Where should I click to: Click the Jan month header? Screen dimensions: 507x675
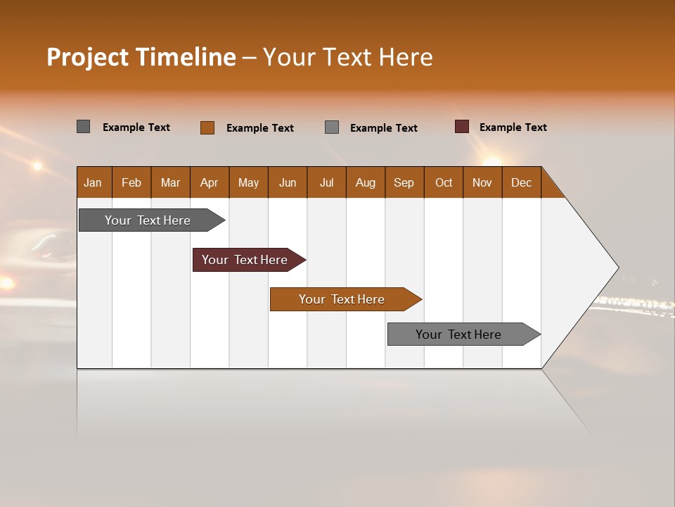[94, 182]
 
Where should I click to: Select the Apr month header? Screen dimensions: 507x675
[210, 182]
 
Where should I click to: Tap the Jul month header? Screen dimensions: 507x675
[326, 182]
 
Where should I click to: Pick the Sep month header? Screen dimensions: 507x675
[404, 182]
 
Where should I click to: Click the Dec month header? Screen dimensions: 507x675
[521, 182]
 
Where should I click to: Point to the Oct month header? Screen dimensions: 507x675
[444, 182]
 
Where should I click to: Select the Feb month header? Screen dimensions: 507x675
[131, 182]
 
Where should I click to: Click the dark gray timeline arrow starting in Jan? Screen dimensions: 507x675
[148, 220]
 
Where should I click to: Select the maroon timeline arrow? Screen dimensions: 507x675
[245, 260]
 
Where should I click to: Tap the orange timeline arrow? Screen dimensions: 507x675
[342, 299]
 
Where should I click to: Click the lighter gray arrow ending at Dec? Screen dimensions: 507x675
[458, 334]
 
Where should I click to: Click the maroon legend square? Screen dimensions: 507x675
[462, 127]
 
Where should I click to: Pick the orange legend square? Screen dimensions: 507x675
[207, 127]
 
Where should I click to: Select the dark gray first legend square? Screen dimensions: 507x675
[84, 127]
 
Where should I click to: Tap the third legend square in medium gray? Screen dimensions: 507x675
[332, 127]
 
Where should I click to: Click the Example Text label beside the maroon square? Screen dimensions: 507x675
[513, 127]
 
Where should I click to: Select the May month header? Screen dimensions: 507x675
[248, 182]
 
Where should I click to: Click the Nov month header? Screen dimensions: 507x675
[482, 182]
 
